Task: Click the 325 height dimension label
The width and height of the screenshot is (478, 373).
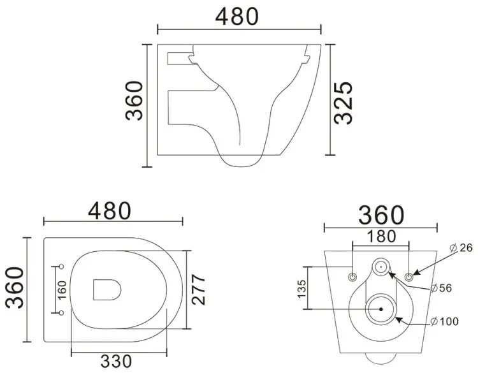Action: click(343, 103)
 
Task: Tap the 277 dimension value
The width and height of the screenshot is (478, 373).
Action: click(198, 289)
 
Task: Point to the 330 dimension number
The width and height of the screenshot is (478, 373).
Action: click(116, 362)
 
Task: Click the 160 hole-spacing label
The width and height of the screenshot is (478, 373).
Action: click(62, 290)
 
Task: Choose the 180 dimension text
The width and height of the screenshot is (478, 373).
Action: click(381, 237)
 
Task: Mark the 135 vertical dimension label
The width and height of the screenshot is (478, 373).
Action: click(301, 289)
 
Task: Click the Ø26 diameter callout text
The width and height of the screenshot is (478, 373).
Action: click(461, 247)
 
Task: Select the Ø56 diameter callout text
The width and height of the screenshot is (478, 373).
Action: click(441, 288)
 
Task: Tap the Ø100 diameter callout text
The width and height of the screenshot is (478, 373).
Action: click(445, 321)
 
